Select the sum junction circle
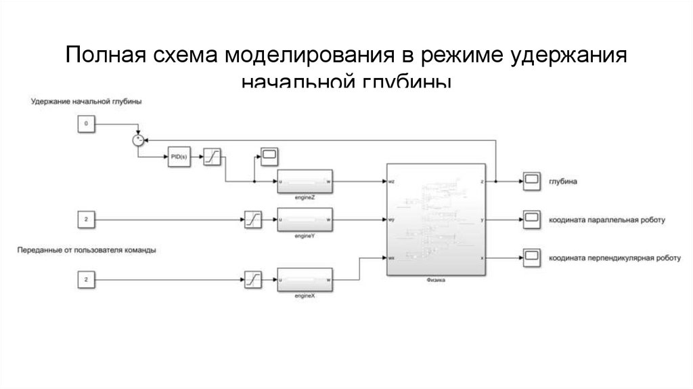tap(137, 140)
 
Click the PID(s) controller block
tap(178, 159)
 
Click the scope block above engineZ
tap(270, 155)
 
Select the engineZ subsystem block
tap(303, 182)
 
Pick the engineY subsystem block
tap(303, 220)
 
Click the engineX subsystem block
tap(303, 279)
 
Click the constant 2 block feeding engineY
tap(86, 220)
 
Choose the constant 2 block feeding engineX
tap(86, 279)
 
